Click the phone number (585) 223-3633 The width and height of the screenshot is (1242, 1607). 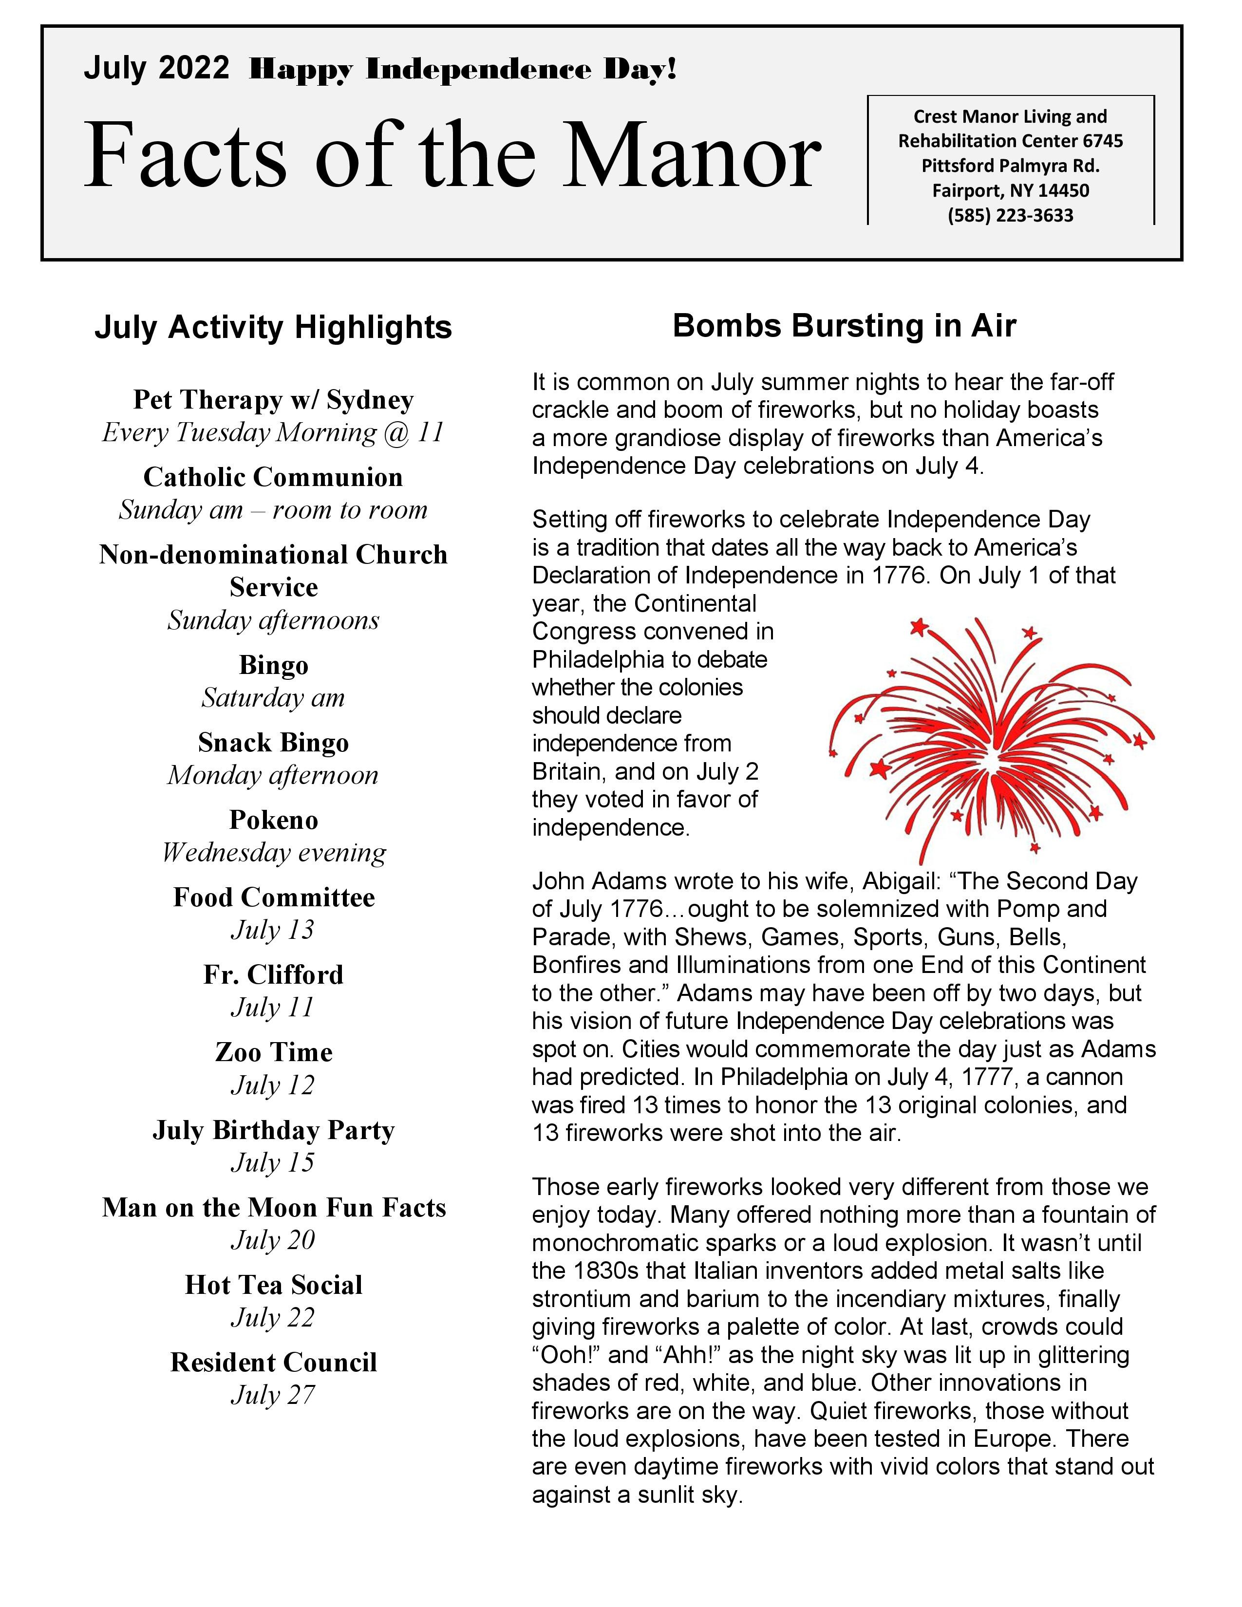pyautogui.click(x=1010, y=216)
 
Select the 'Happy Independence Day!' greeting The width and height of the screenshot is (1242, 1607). pyautogui.click(x=462, y=70)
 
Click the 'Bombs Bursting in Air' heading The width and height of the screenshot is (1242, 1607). pyautogui.click(x=844, y=326)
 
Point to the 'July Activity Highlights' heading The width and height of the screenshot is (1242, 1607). pyautogui.click(x=273, y=327)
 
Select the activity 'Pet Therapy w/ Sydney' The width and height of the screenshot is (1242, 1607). pyautogui.click(x=273, y=399)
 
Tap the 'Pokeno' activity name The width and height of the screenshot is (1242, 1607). pyautogui.click(x=273, y=820)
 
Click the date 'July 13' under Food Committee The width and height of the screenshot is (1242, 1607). pyautogui.click(x=273, y=930)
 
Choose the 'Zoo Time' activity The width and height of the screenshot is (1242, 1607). pyautogui.click(x=273, y=1052)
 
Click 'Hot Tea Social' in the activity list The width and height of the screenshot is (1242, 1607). pyautogui.click(x=273, y=1285)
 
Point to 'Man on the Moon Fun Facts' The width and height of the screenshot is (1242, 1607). pyautogui.click(x=273, y=1208)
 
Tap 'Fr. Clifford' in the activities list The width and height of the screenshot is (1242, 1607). pyautogui.click(x=273, y=975)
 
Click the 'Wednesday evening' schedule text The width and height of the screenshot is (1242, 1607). pyautogui.click(x=273, y=853)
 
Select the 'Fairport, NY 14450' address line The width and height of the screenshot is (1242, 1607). pyautogui.click(x=1010, y=190)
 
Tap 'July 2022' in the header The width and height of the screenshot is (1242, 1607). pyautogui.click(x=156, y=69)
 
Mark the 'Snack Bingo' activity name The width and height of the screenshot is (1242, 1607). pyautogui.click(x=273, y=743)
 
